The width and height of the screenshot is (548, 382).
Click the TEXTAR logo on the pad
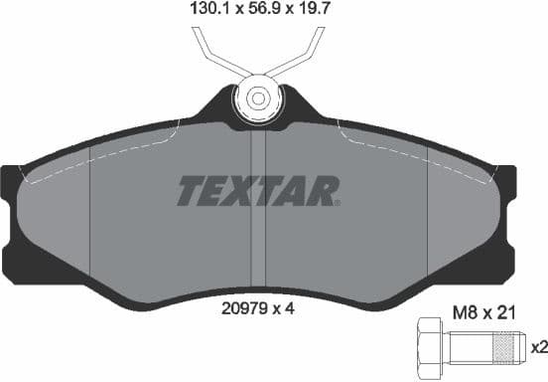tap(257, 190)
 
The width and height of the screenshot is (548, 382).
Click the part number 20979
tap(242, 308)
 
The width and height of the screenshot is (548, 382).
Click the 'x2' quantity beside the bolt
tap(538, 348)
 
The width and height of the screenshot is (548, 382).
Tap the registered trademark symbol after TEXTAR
tap(338, 202)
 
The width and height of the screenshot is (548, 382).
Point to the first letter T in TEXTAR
tap(189, 190)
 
